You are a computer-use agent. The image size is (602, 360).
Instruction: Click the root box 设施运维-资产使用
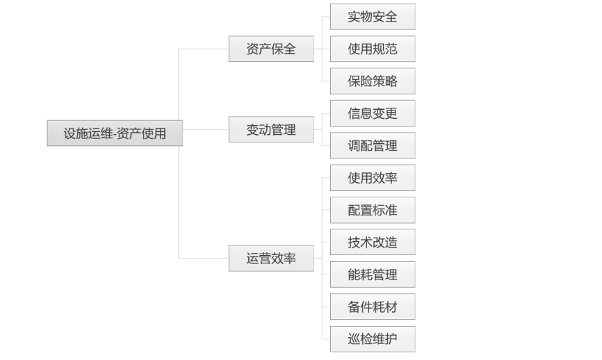(115, 133)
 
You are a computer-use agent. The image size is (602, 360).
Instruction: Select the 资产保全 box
(271, 49)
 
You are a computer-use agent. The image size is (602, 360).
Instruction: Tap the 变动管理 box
(271, 130)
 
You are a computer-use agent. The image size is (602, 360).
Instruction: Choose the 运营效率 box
(271, 259)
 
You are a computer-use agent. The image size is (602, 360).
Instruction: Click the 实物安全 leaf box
(373, 17)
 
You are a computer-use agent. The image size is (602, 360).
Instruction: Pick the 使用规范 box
(373, 49)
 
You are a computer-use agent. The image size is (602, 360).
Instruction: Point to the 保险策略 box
(373, 81)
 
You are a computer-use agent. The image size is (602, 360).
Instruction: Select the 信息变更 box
(373, 113)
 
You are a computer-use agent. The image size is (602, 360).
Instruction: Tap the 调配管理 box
(373, 146)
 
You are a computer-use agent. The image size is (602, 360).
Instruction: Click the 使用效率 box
(373, 178)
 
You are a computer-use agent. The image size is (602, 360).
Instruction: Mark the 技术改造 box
(373, 243)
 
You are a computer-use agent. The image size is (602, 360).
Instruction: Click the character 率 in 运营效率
(290, 259)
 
